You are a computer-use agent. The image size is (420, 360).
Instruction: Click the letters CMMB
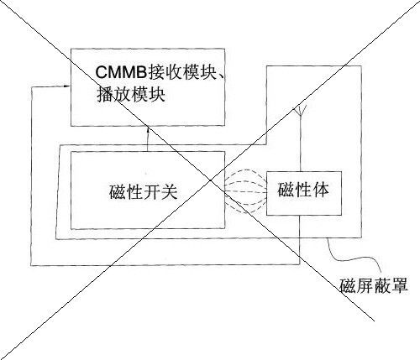click(121, 73)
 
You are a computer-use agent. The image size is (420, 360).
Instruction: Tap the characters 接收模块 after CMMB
click(183, 72)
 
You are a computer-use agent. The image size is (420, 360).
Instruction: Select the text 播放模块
click(131, 95)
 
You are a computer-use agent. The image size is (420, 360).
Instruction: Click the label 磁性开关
click(144, 192)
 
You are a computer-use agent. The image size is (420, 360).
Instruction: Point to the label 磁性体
click(303, 190)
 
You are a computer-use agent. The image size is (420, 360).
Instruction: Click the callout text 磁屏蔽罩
click(374, 285)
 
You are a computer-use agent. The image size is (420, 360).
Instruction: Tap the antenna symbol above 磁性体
click(300, 111)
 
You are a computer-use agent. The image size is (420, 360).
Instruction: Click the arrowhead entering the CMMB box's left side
click(66, 86)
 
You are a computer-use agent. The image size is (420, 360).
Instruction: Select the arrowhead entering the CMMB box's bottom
click(148, 130)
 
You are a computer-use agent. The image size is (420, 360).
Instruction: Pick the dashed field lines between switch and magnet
click(245, 191)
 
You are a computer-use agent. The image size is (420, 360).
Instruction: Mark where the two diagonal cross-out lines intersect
click(210, 180)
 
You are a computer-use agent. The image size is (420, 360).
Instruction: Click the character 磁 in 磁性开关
click(118, 192)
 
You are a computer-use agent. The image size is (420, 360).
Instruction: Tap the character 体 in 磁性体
click(321, 190)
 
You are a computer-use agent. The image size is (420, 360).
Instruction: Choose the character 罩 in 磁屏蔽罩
click(400, 285)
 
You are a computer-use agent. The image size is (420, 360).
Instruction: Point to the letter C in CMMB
click(101, 73)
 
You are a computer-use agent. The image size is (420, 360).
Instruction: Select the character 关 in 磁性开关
click(169, 192)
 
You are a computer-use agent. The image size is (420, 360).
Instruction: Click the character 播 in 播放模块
click(105, 95)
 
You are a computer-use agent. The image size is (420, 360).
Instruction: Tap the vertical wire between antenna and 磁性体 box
click(300, 143)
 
